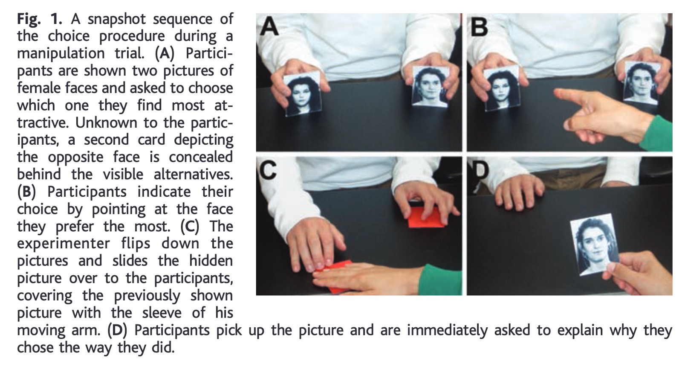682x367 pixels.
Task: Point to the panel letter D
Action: (x=480, y=169)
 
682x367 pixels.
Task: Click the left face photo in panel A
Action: (x=303, y=94)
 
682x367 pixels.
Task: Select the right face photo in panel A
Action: (x=431, y=87)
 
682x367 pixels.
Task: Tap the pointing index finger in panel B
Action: (x=572, y=98)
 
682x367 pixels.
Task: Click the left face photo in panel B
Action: (x=503, y=88)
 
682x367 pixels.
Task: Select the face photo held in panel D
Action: (x=594, y=244)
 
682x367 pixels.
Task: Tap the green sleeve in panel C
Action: (x=442, y=279)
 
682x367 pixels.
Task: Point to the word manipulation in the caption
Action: (x=61, y=54)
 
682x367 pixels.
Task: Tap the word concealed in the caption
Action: (x=201, y=157)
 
